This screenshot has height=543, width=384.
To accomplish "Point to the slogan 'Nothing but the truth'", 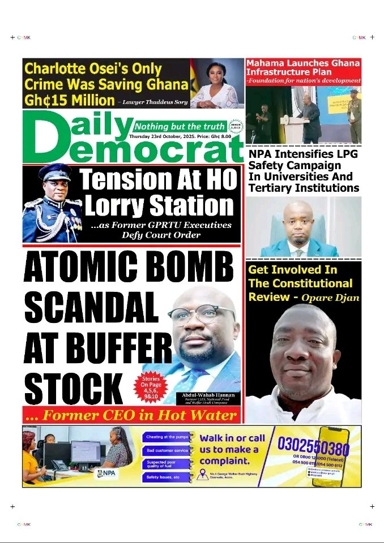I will (x=180, y=126).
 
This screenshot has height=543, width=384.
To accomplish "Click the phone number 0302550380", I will (x=313, y=447).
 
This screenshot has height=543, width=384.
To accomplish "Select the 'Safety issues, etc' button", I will (x=165, y=477).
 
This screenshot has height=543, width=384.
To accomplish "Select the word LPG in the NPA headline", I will (x=346, y=154).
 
